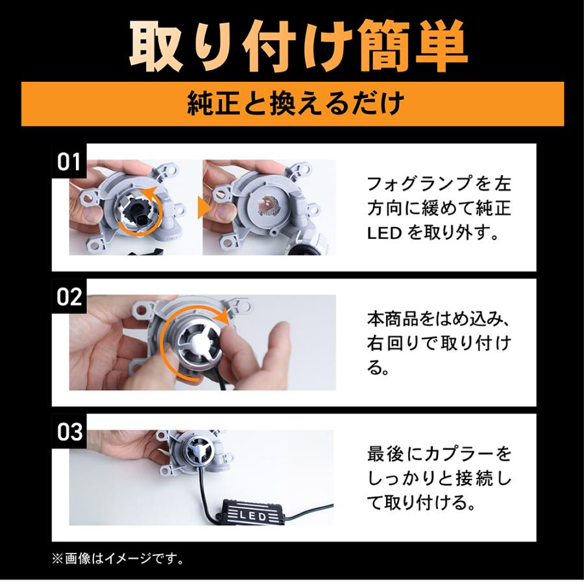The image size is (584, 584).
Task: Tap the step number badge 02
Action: coord(69,297)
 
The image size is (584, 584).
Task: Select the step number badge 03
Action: coord(69,432)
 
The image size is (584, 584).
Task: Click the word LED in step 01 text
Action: coord(382,232)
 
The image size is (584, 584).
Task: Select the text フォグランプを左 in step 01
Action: coord(439,184)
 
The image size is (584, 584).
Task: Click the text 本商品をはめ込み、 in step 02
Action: coord(440,319)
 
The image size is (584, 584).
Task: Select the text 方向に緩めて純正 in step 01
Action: coord(439,208)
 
